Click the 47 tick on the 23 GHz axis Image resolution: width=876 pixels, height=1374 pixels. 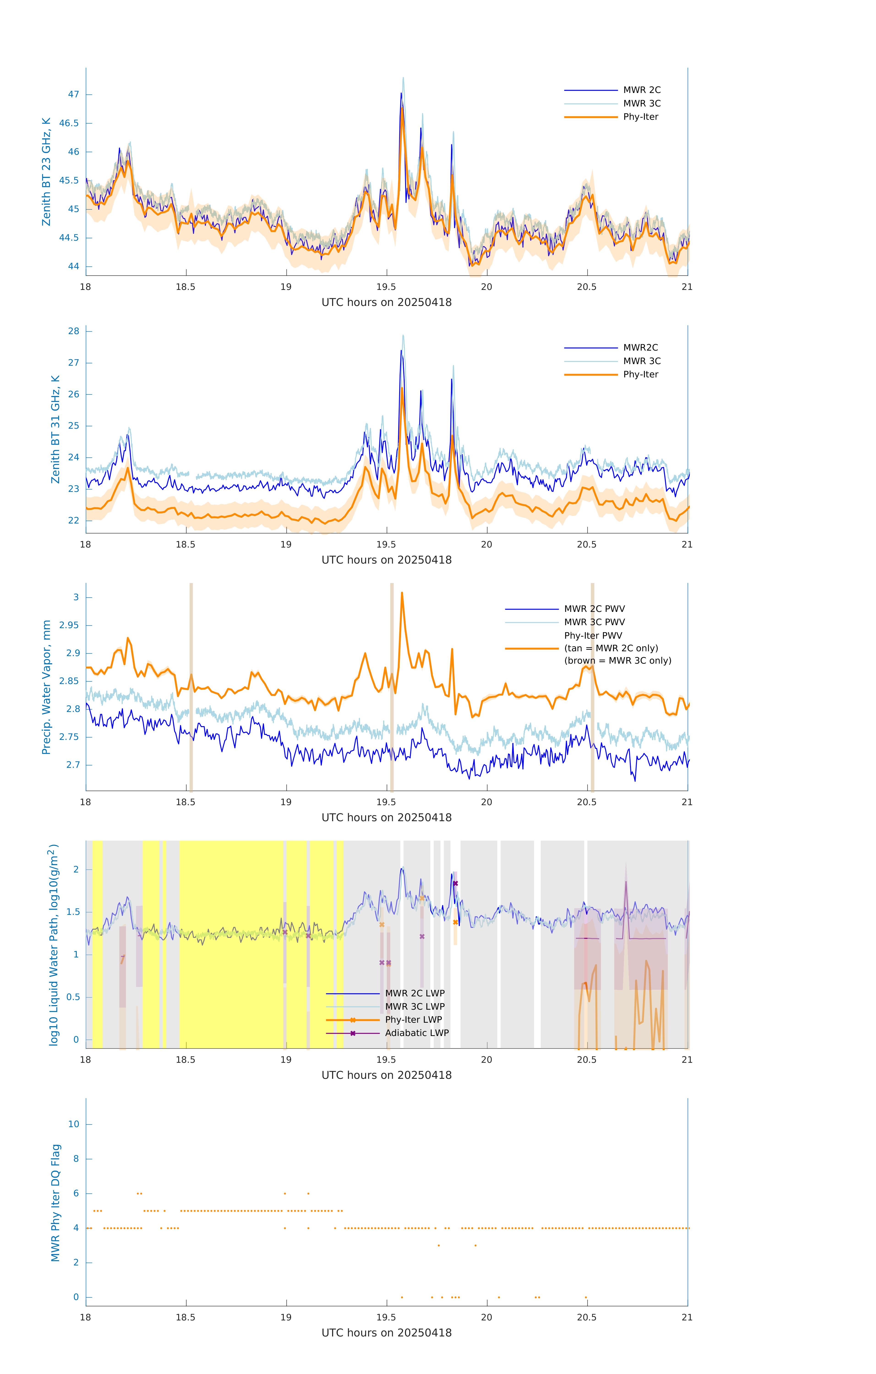[x=74, y=94]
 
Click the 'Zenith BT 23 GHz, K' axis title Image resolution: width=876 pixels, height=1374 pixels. [x=46, y=172]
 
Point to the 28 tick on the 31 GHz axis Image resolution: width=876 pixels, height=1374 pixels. [x=74, y=331]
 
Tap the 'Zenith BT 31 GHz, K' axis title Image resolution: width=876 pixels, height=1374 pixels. [x=55, y=429]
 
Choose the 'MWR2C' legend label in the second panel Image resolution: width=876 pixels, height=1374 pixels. [x=640, y=347]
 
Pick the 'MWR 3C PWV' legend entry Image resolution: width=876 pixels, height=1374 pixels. [x=594, y=622]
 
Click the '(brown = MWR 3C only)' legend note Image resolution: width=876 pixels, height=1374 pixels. [x=617, y=661]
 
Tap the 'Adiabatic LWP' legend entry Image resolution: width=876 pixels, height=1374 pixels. [x=417, y=1033]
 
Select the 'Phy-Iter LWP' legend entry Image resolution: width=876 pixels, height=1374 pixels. [x=413, y=1020]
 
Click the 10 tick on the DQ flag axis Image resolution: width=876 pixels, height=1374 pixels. [x=74, y=1124]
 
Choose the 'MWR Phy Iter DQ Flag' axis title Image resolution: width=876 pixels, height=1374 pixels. [x=55, y=1203]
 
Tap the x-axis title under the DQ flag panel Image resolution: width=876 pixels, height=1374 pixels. [x=386, y=1333]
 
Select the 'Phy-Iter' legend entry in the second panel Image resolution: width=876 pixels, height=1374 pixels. [x=640, y=374]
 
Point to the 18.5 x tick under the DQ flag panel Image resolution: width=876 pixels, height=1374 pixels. [x=186, y=1317]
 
